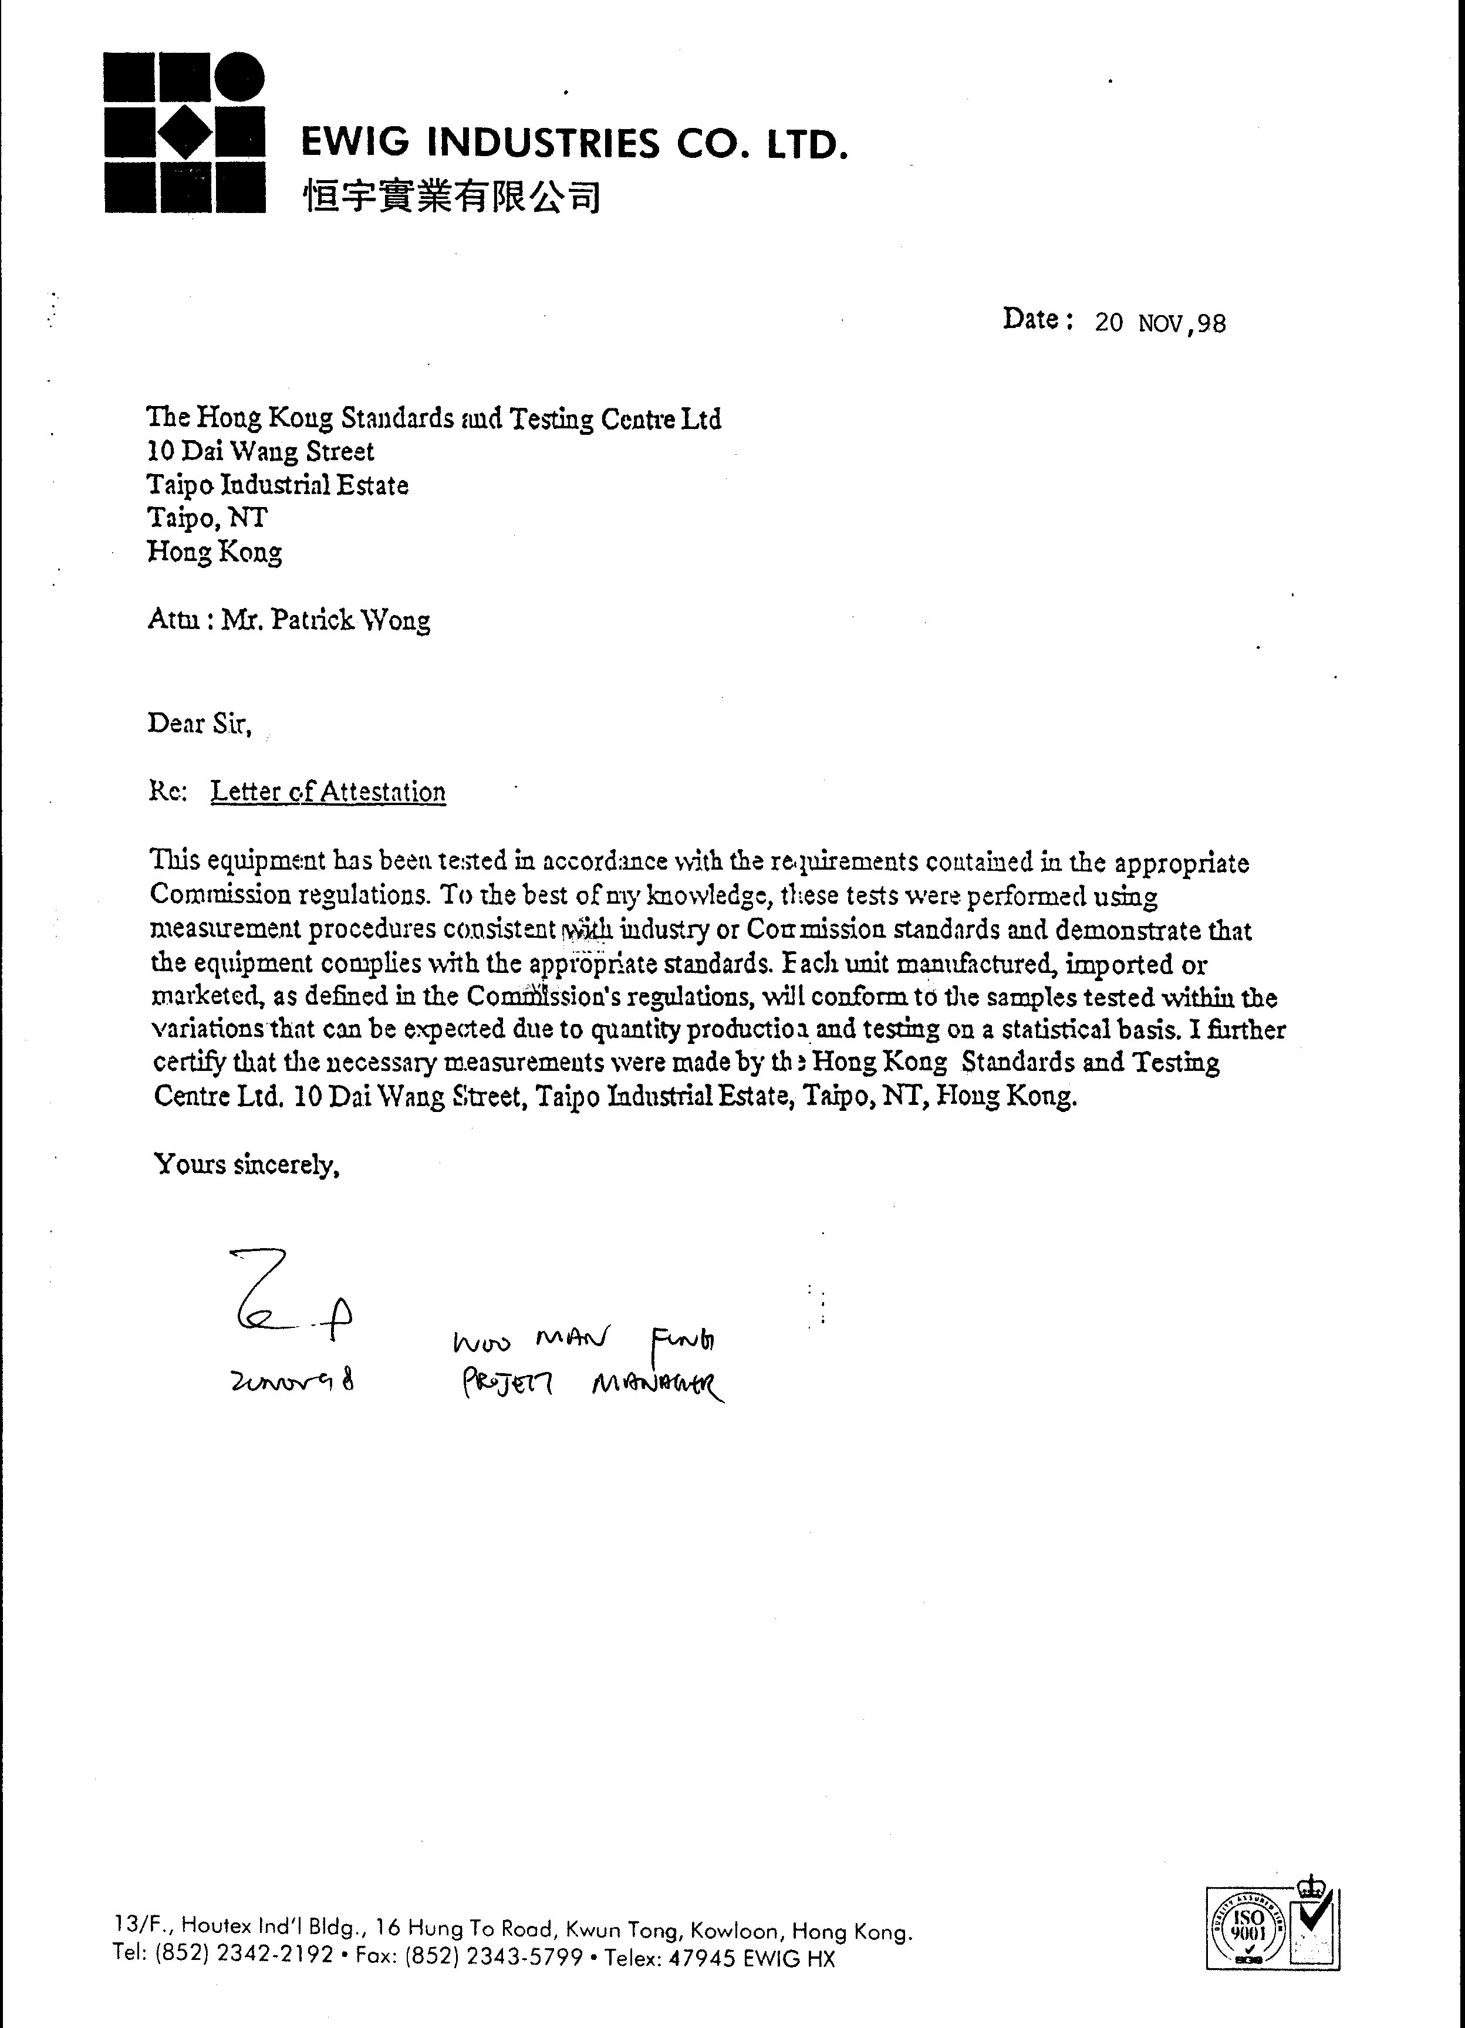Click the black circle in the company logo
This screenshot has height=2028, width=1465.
[238, 78]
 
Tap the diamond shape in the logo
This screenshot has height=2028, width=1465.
[185, 133]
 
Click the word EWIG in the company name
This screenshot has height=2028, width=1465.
[355, 143]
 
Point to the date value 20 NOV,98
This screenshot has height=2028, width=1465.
[1160, 323]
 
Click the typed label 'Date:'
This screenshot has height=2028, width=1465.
[1038, 319]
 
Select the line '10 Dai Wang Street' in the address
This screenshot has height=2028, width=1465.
[260, 452]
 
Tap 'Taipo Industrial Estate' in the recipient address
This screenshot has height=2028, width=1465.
[278, 485]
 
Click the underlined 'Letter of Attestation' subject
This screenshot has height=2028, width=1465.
[328, 792]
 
